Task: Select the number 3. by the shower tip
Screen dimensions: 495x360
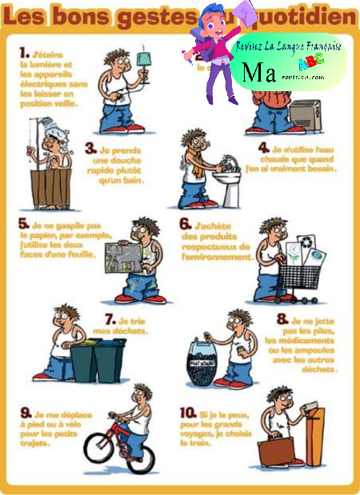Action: tap(91, 148)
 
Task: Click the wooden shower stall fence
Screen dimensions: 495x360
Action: tap(54, 187)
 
